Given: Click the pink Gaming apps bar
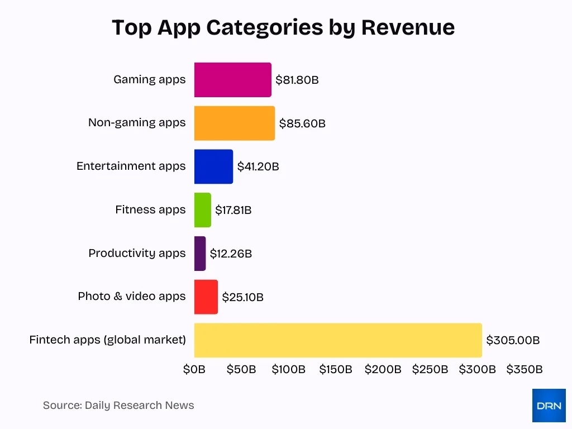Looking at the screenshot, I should point(232,80).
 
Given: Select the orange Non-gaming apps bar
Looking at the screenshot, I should point(235,123).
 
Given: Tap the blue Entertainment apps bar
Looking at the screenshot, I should point(213,166).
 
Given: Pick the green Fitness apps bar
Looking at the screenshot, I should point(203,210).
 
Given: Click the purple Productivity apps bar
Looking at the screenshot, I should point(200,254).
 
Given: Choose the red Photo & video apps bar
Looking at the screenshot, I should point(206,297).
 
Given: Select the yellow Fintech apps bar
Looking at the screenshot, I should point(338,340).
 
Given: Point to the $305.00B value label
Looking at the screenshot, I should point(513,340).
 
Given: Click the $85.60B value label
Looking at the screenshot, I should point(302,123).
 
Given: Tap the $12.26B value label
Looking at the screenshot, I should point(231,254).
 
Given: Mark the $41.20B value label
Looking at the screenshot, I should point(258,166).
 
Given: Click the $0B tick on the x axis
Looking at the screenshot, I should point(194,369).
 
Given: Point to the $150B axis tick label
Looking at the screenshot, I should point(336,369).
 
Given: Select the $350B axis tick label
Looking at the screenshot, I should point(525,369).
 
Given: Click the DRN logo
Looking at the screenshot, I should point(549,406).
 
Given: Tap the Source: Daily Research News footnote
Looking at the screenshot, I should point(118,406).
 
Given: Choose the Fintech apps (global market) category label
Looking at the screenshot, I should point(107,340).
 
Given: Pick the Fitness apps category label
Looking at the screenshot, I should point(150,210).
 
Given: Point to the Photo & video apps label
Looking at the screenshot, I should point(131,296).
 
